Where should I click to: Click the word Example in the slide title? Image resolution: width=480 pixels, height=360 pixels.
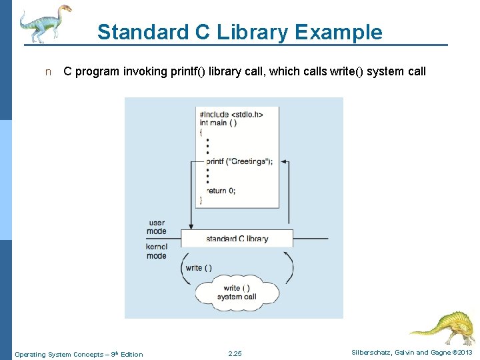[339, 32]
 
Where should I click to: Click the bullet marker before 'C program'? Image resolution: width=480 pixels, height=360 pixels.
[47, 72]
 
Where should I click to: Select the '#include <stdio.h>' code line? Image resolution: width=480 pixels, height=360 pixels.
[231, 114]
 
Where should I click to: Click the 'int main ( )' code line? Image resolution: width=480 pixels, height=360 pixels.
[218, 123]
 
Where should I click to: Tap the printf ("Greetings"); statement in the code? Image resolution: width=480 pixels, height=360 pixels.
[239, 161]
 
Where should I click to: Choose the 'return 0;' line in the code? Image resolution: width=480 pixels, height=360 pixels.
[221, 191]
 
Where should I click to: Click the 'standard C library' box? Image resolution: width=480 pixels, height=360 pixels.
[237, 239]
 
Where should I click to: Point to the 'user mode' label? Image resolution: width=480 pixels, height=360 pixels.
[157, 227]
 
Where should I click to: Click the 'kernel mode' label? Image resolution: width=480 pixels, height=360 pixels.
[157, 251]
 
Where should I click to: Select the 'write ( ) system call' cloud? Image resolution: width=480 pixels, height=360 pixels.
[237, 292]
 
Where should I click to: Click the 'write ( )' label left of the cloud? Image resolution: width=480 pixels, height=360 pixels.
[199, 268]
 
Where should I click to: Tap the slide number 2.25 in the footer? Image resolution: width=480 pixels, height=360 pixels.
[235, 354]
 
